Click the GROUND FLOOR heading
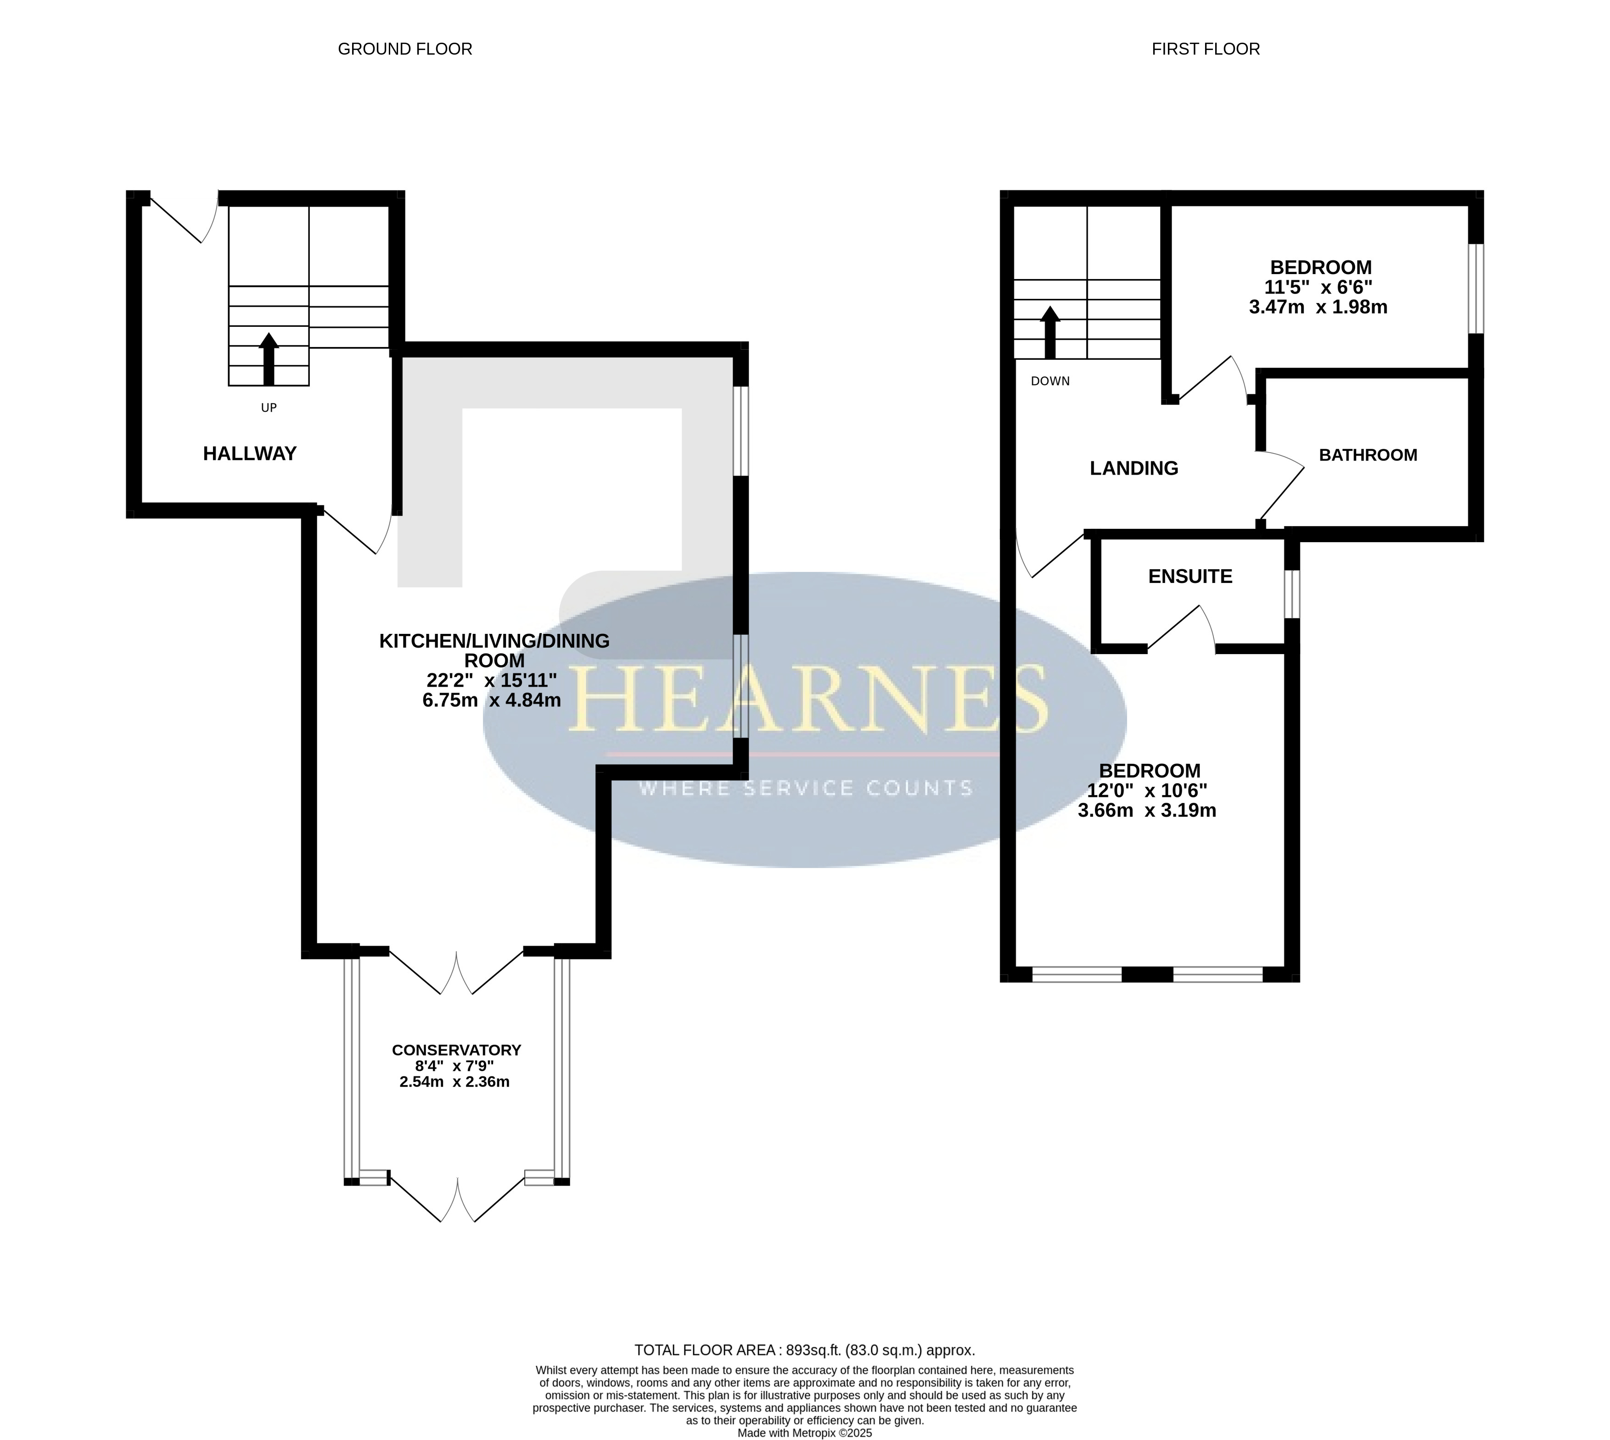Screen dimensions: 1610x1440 (405, 49)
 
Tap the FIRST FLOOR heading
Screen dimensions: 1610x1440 (1206, 49)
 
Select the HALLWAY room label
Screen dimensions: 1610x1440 (250, 454)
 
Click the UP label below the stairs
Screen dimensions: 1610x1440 (269, 408)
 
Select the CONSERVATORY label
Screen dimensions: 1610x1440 (456, 1050)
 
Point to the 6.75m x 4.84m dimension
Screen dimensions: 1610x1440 (492, 700)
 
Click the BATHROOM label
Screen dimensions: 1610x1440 (1368, 455)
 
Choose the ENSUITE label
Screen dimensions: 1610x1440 (1190, 576)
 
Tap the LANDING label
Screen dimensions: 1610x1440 (1134, 468)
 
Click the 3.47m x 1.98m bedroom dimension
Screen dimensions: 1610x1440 (1318, 307)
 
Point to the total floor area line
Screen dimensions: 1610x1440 (805, 1350)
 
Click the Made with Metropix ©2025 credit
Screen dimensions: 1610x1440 (805, 1433)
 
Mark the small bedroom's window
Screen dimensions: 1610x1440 (1476, 288)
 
